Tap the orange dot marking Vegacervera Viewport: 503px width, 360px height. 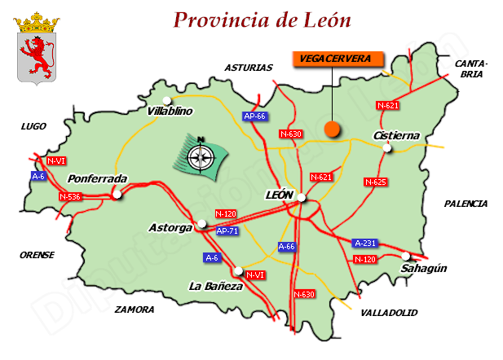(x=332, y=129)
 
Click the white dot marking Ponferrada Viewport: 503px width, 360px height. (x=117, y=195)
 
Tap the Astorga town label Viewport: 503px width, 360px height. (x=170, y=228)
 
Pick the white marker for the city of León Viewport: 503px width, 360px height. (x=302, y=197)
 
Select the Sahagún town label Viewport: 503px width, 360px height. (x=425, y=269)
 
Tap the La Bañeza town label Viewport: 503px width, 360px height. (x=215, y=286)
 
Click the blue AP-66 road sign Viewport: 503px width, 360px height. (x=255, y=116)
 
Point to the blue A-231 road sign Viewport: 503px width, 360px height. (x=365, y=243)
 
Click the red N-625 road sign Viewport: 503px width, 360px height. (x=375, y=182)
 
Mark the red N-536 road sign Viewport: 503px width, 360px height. (x=70, y=197)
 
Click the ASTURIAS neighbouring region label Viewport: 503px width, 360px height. (x=248, y=68)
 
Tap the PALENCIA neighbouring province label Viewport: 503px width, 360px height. (x=465, y=204)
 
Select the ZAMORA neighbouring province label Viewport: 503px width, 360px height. (x=135, y=310)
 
